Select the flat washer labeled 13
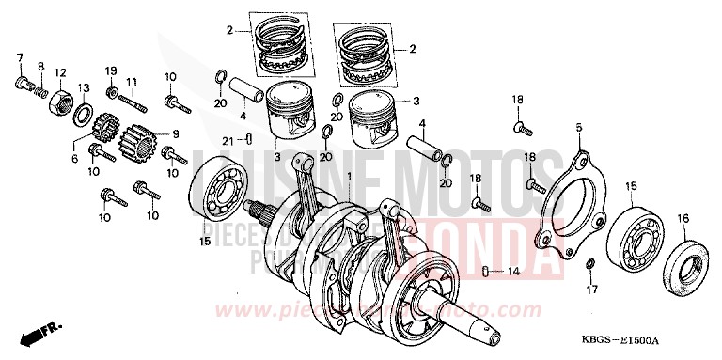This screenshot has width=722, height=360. point(82,117)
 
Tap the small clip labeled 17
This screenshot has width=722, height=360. point(589,260)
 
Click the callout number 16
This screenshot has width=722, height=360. point(683,218)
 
